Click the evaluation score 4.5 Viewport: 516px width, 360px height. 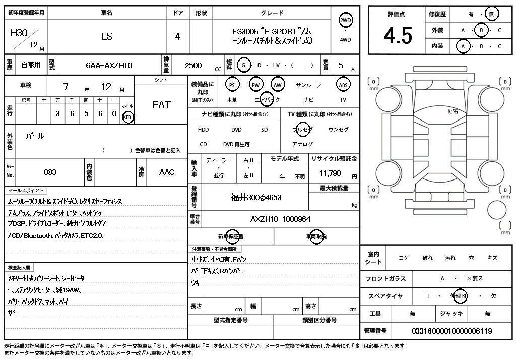398,36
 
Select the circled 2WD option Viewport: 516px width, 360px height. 346,20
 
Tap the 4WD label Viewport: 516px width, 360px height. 346,40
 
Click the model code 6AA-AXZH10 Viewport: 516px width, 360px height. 109,65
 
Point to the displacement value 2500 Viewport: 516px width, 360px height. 193,65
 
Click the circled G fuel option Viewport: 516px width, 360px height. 244,65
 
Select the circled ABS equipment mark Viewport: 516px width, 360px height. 343,85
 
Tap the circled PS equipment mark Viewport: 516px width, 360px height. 232,85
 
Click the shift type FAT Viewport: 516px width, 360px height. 161,105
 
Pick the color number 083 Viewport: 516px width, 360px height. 50,172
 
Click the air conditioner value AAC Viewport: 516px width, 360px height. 167,172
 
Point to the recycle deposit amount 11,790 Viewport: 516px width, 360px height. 331,173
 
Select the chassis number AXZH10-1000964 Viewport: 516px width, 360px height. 280,219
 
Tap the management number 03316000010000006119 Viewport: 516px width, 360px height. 451,331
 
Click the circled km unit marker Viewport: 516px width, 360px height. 128,117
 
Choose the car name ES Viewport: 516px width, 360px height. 107,36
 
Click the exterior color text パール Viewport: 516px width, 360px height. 35,136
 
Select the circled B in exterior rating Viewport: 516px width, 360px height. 481,30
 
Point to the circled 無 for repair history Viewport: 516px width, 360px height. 491,14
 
